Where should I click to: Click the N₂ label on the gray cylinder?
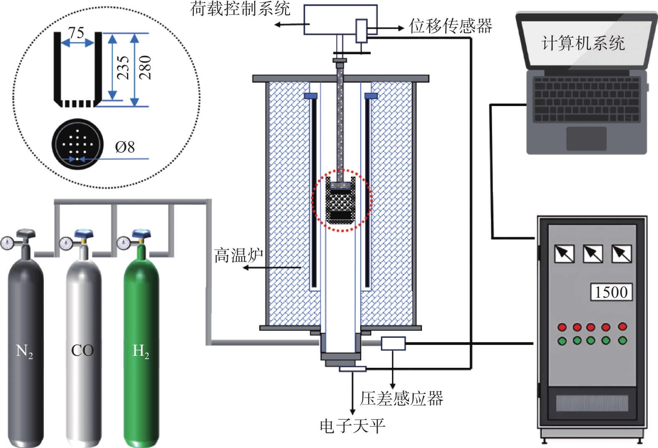coord(24,351)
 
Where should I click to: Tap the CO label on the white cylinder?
coord(82,350)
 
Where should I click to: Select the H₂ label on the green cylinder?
coord(140,351)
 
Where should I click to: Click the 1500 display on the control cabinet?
coord(611,292)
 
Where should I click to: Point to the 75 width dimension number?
coord(76,33)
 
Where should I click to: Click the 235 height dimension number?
coord(122,67)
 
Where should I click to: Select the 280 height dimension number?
coord(145,67)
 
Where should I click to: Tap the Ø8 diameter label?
coord(124,147)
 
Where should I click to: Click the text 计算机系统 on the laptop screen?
coord(583,43)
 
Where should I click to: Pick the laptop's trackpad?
coord(586,138)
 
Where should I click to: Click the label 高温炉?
coord(239,255)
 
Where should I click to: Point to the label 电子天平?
coord(352,426)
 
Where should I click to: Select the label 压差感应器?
coord(401,398)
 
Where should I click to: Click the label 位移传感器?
coord(450,26)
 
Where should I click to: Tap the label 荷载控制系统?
coord(240,8)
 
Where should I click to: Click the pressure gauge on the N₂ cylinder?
coord(7,243)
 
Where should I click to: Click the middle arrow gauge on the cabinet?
coord(593,253)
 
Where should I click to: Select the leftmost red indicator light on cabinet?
coord(562,327)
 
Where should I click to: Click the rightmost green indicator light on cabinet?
coord(622,341)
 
